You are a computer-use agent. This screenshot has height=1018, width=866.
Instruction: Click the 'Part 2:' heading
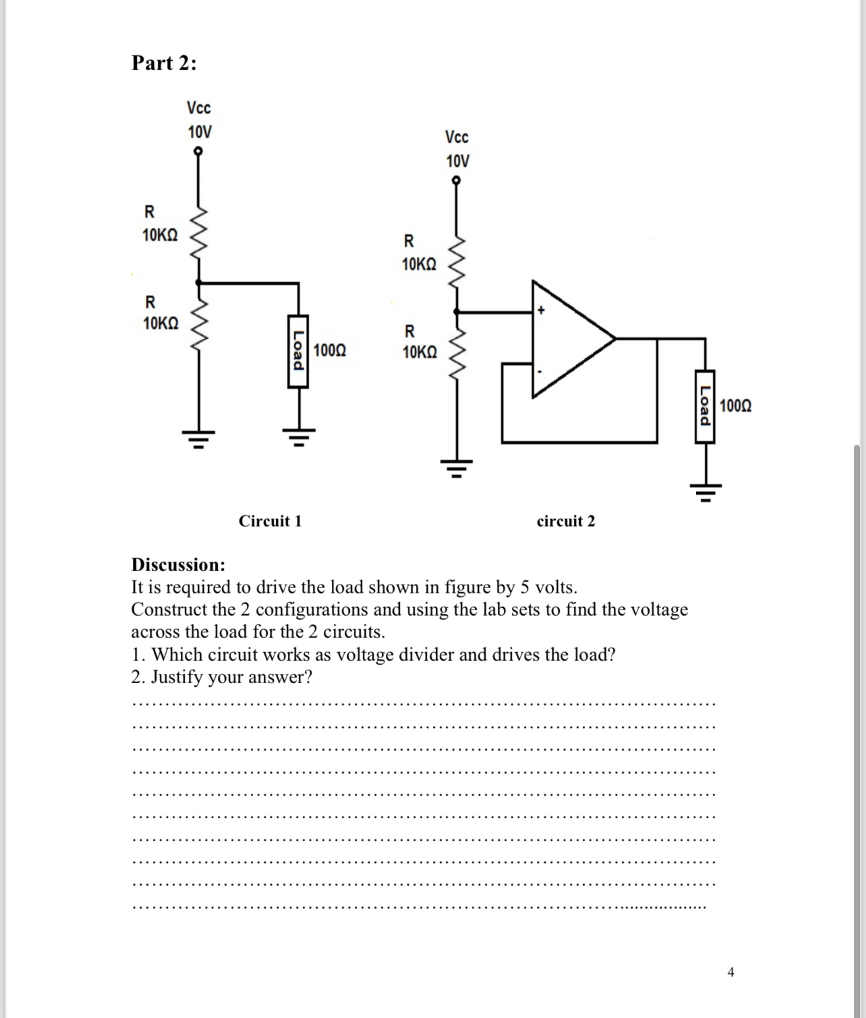tap(164, 63)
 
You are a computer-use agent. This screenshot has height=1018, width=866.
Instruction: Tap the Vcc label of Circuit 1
tap(199, 108)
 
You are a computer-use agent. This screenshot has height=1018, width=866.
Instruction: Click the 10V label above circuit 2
tap(457, 161)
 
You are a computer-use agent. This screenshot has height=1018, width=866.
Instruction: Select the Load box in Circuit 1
tap(297, 351)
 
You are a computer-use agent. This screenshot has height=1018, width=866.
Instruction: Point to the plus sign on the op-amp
tap(541, 311)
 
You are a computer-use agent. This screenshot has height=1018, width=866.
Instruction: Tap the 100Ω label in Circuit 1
tap(330, 350)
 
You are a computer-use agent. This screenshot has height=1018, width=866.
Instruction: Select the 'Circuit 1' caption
tap(270, 521)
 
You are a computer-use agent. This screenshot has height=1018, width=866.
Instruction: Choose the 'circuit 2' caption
tap(566, 521)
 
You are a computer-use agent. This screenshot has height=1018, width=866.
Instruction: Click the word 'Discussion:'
tap(178, 564)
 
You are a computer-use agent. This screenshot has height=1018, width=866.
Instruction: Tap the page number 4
tap(731, 972)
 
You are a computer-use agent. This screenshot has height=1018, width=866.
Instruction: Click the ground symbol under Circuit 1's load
tap(298, 435)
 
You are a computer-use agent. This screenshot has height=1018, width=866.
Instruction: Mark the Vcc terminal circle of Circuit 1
tap(198, 151)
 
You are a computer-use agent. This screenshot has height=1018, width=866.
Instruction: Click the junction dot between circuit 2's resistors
tap(457, 312)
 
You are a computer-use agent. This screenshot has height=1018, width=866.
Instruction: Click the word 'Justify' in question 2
tap(177, 677)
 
